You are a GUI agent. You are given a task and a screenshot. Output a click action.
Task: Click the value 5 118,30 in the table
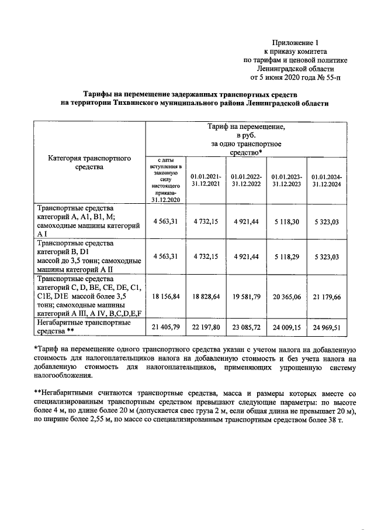[286, 222]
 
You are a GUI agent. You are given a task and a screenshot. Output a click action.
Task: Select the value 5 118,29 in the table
[286, 256]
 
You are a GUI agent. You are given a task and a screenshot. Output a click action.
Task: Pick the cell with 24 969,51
[327, 326]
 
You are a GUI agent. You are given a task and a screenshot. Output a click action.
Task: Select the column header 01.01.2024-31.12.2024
[327, 180]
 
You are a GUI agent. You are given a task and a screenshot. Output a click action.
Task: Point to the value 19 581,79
[246, 297]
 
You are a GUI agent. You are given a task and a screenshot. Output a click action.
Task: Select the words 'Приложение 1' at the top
[296, 43]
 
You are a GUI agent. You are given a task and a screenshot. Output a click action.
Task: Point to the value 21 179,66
[327, 297]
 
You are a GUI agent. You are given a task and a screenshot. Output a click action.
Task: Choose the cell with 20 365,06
[286, 297]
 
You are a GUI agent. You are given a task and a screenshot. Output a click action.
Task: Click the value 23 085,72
[246, 326]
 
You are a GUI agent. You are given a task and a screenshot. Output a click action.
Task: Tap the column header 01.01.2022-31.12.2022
[246, 180]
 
